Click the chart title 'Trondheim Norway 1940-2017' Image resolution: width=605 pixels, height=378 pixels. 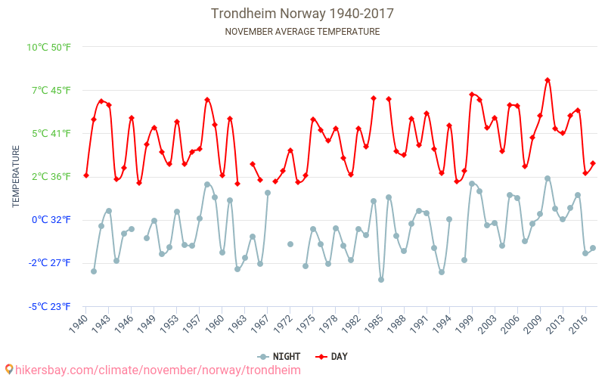point(302,14)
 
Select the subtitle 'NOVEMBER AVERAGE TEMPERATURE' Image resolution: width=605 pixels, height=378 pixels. point(302,32)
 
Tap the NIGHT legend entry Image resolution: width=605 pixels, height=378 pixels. point(280,356)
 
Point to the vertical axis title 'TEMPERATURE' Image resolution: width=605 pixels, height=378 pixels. point(16,177)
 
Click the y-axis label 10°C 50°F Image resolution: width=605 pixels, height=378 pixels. point(49,47)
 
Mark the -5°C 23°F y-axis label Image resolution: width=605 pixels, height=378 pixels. point(50,306)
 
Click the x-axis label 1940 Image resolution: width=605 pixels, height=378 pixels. point(79,326)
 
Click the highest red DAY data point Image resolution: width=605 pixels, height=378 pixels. point(548,80)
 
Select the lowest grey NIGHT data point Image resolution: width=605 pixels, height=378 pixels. point(381,280)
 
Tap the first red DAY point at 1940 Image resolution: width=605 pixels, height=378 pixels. point(86,175)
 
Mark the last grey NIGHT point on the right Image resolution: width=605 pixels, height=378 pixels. point(593,248)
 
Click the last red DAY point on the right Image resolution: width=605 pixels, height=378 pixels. point(593,163)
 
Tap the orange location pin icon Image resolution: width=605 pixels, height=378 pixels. point(9,370)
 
